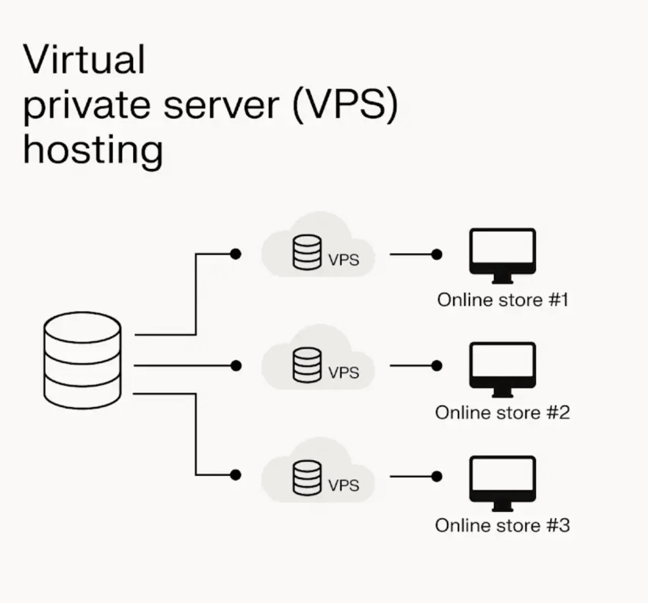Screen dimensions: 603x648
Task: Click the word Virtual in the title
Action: [84, 60]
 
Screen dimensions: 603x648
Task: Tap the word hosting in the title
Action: [93, 151]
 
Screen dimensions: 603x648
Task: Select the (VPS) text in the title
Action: [346, 105]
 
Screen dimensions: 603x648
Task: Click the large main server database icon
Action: [82, 361]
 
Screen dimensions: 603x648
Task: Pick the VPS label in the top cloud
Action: [344, 259]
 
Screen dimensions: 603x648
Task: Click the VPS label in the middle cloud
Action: [344, 373]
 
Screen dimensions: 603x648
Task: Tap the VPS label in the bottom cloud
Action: [344, 485]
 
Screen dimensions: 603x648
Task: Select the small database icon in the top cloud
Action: [307, 253]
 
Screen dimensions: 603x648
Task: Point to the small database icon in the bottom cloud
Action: [307, 478]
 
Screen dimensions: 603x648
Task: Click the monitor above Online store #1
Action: [502, 254]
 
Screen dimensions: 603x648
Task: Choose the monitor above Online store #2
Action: [502, 368]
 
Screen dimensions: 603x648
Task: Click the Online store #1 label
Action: [502, 299]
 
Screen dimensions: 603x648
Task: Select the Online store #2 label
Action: [502, 413]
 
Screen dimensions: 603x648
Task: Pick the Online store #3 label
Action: [502, 525]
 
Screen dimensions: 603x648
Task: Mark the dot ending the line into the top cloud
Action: [235, 254]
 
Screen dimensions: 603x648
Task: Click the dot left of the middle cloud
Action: [235, 366]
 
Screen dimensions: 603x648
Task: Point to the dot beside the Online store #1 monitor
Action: [436, 254]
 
